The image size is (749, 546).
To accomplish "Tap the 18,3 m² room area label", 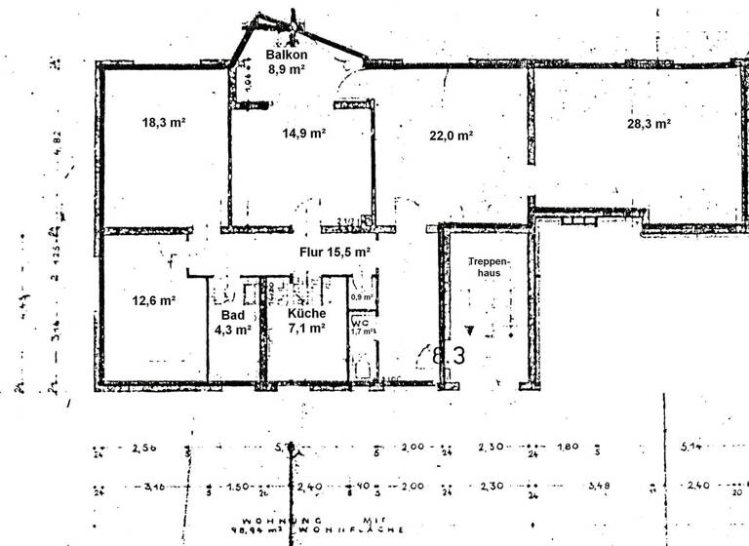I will (164, 124).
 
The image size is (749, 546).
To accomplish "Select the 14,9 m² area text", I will (302, 134).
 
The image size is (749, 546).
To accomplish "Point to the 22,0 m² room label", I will (451, 136).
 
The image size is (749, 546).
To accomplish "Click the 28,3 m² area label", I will (649, 124).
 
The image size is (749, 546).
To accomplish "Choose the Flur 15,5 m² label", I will (335, 252).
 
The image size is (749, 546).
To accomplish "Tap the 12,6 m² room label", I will (153, 300).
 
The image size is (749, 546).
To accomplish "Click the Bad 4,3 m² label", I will (232, 323).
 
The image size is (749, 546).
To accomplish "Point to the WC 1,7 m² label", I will (362, 327).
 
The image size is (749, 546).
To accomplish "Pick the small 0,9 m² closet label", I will (363, 296).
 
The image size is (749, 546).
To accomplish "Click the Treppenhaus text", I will (485, 269).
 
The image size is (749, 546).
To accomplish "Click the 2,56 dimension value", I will (142, 448).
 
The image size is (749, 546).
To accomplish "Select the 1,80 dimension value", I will (568, 448).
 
